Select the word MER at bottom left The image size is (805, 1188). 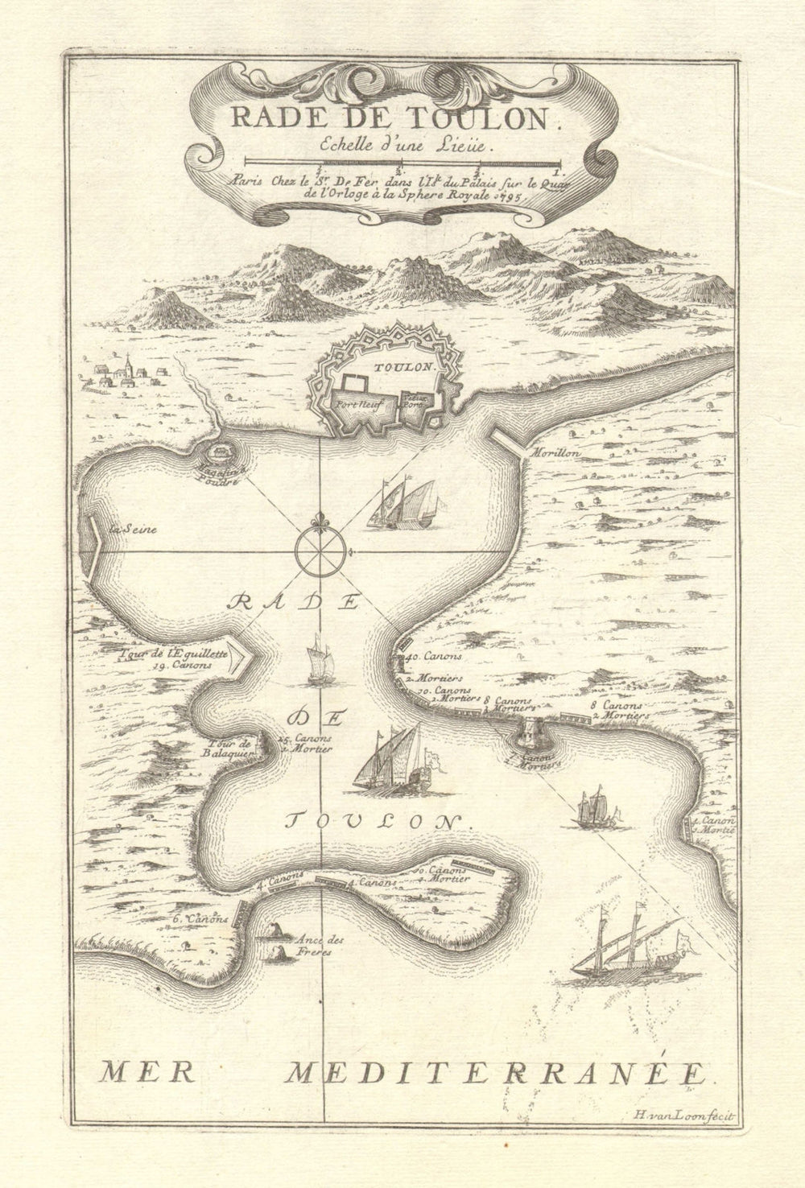pyautogui.click(x=138, y=1072)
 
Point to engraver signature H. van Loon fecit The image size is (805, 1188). pyautogui.click(x=691, y=1114)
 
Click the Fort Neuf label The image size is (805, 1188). pyautogui.click(x=351, y=406)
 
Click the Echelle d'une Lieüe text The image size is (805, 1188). pyautogui.click(x=390, y=146)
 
